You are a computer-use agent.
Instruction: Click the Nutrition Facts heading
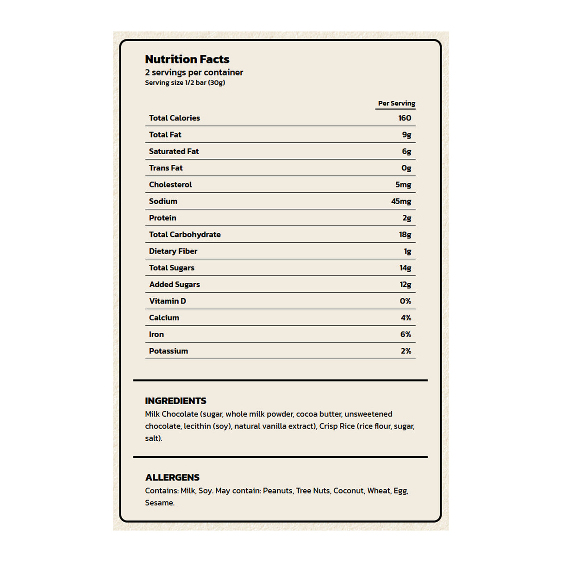(187, 59)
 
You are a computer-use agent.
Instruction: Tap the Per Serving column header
(396, 103)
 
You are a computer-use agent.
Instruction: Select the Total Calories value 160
(405, 118)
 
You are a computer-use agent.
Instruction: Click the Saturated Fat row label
(174, 151)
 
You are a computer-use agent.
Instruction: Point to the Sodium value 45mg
(401, 201)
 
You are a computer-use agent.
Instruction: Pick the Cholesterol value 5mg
(403, 185)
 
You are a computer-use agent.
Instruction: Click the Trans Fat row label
(166, 168)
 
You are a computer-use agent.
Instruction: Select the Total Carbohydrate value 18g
(405, 235)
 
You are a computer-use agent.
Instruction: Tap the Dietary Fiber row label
(173, 251)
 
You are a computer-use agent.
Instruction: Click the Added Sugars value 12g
(405, 285)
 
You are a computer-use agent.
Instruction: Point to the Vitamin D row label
(167, 301)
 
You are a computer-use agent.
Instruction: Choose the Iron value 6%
(406, 334)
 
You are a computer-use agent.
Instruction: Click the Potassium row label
(168, 351)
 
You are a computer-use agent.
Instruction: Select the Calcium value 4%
(406, 318)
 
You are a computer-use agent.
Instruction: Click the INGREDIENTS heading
(175, 401)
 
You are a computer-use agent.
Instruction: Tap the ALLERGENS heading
(172, 477)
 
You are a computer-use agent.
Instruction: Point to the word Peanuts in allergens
(278, 491)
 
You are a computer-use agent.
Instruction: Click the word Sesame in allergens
(159, 503)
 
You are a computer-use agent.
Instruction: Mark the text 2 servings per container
(194, 73)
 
